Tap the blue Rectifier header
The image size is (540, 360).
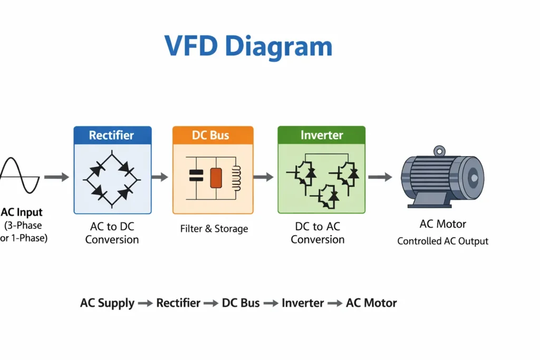[x=112, y=135]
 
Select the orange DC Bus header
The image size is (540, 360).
[x=213, y=135]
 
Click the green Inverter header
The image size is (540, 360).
[x=321, y=135]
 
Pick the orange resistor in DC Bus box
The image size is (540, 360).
[x=216, y=178]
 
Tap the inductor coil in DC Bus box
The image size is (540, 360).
[x=235, y=177]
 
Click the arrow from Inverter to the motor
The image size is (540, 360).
[x=380, y=178]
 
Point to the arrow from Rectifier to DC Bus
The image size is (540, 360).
[x=160, y=178]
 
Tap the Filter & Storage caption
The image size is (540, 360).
[x=214, y=229]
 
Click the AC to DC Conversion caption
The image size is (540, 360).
[x=112, y=233]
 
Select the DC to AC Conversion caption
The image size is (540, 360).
[x=317, y=233]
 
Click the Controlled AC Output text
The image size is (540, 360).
[x=442, y=241]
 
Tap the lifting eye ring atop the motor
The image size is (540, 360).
[x=439, y=151]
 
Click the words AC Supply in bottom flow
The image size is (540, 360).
[x=107, y=303]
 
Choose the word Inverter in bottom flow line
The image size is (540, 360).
[x=303, y=303]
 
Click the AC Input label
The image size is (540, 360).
[x=22, y=213]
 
